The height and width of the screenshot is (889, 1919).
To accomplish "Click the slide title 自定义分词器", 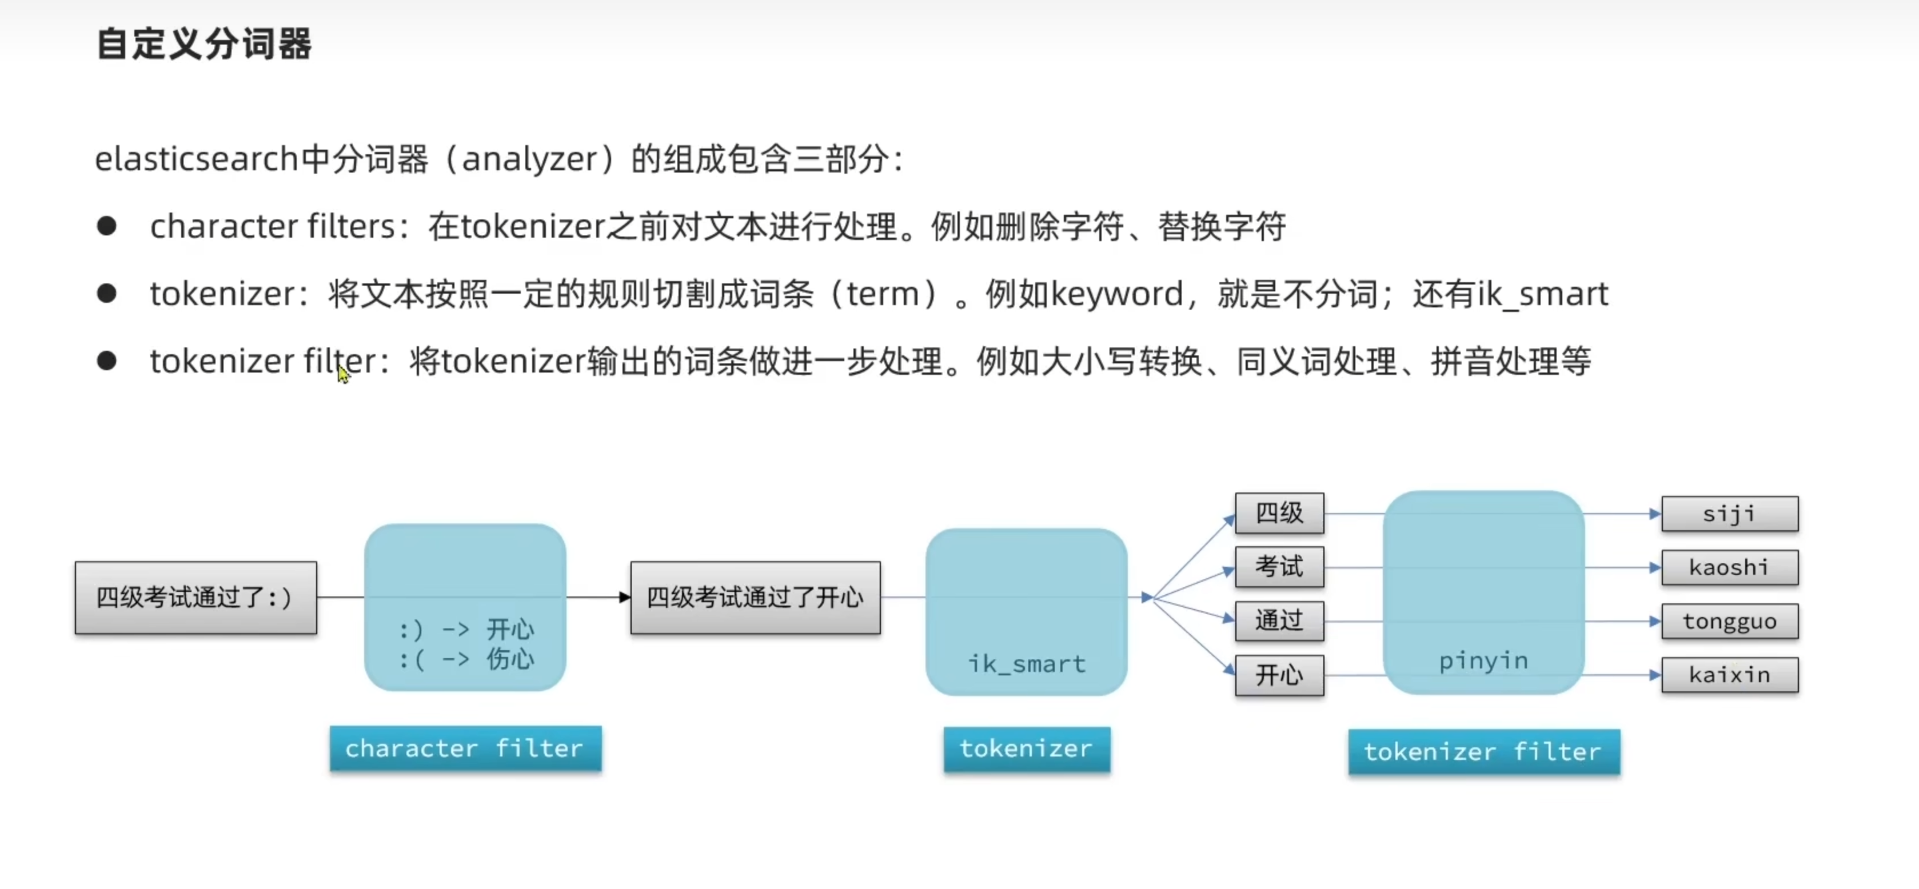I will tap(204, 44).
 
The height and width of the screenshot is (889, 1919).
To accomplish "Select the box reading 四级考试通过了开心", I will tap(755, 597).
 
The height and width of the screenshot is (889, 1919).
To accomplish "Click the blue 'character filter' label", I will tap(465, 748).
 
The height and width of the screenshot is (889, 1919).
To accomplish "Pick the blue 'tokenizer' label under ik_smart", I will tap(1026, 748).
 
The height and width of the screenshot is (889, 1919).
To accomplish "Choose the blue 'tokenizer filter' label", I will tap(1483, 751).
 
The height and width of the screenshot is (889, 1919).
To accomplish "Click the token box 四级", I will tap(1279, 513).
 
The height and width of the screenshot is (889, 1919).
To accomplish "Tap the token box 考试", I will tap(1279, 567).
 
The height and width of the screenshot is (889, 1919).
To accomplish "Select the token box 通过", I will tap(1279, 620).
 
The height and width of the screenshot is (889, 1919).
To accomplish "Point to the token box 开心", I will tap(1279, 675).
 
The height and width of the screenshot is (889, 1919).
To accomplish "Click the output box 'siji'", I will tap(1729, 514).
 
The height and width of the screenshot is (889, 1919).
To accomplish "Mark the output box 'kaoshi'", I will tap(1729, 567).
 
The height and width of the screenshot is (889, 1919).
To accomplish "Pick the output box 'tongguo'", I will tap(1729, 621).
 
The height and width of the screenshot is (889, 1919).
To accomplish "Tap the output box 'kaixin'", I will tap(1729, 675).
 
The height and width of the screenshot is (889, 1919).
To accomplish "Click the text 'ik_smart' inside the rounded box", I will tap(1027, 663).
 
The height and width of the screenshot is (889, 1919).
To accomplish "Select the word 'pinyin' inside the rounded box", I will tap(1483, 660).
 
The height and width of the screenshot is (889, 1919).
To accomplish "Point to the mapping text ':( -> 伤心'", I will tap(466, 659).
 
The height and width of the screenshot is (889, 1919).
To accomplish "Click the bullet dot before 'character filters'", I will tap(106, 226).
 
